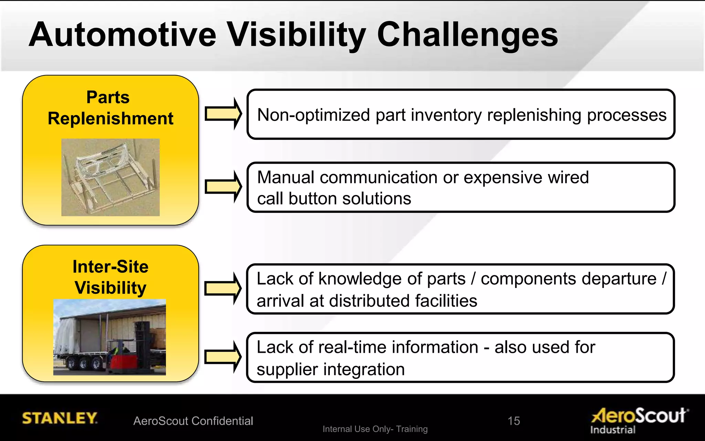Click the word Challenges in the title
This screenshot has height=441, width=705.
467,34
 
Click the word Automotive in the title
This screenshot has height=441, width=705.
123,34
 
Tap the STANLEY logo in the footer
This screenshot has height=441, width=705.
60,418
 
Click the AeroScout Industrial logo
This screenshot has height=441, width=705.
639,419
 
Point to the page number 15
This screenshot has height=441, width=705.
514,421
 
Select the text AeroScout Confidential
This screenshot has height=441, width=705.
193,421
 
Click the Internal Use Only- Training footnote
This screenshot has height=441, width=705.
375,429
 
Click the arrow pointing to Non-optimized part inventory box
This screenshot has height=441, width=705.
223,114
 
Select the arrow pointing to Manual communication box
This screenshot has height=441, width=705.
223,186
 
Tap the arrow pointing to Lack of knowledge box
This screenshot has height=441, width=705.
223,288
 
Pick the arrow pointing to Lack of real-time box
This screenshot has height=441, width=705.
223,357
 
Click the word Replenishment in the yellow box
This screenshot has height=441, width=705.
111,119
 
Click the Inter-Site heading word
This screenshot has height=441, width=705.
111,267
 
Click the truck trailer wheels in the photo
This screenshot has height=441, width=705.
83,363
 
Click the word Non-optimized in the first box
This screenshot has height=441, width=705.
313,115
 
